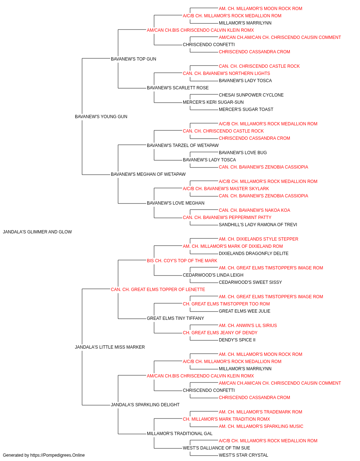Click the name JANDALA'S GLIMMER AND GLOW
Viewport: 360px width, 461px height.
click(37, 232)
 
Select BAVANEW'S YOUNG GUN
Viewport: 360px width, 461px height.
click(101, 117)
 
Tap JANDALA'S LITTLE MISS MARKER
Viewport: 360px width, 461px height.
click(110, 347)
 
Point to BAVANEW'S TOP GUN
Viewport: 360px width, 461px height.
click(133, 59)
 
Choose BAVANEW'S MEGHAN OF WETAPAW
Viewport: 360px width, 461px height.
click(148, 174)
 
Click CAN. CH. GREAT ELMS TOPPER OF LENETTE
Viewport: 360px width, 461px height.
click(158, 290)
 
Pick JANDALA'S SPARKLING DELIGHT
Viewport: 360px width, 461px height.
click(145, 405)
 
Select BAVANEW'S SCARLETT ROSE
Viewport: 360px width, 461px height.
click(178, 88)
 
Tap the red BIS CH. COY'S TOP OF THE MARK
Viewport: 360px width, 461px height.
click(182, 261)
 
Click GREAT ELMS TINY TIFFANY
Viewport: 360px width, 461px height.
click(175, 318)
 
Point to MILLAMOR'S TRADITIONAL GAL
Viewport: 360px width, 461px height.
click(180, 434)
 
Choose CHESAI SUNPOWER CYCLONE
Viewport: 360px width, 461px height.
click(251, 95)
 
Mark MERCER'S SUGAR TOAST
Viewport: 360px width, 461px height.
click(246, 109)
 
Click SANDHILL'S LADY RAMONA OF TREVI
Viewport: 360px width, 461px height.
click(258, 225)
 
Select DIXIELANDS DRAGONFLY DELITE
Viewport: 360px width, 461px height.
click(253, 254)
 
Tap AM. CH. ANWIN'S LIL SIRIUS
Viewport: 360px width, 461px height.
click(248, 326)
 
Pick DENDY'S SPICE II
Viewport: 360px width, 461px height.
click(237, 340)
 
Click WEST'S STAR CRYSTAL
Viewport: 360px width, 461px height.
click(243, 455)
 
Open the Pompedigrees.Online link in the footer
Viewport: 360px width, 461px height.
click(57, 455)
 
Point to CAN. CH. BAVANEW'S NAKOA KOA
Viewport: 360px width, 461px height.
click(255, 210)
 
